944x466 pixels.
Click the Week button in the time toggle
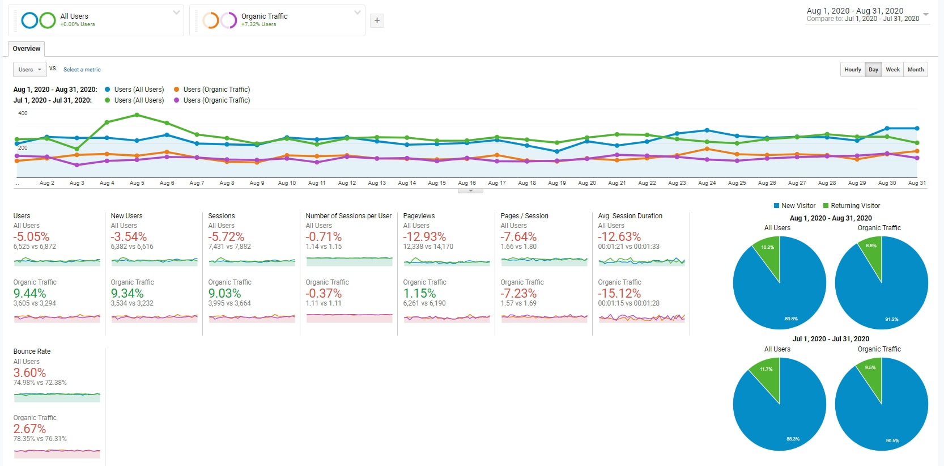pyautogui.click(x=892, y=70)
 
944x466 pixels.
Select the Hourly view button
pyautogui.click(x=852, y=70)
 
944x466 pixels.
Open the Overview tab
pyautogui.click(x=27, y=49)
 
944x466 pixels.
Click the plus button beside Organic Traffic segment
pyautogui.click(x=377, y=21)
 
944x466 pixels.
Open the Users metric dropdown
pyautogui.click(x=29, y=70)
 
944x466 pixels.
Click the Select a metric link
pyautogui.click(x=82, y=70)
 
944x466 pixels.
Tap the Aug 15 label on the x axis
pyautogui.click(x=436, y=183)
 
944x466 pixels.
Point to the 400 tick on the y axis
pyautogui.click(x=23, y=113)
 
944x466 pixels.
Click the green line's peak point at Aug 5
pyautogui.click(x=137, y=115)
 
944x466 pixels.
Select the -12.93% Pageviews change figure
pyautogui.click(x=424, y=237)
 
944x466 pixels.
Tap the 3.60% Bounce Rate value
pyautogui.click(x=29, y=373)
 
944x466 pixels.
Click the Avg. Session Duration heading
pyautogui.click(x=630, y=216)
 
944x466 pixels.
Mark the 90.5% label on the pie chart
pyautogui.click(x=892, y=440)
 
